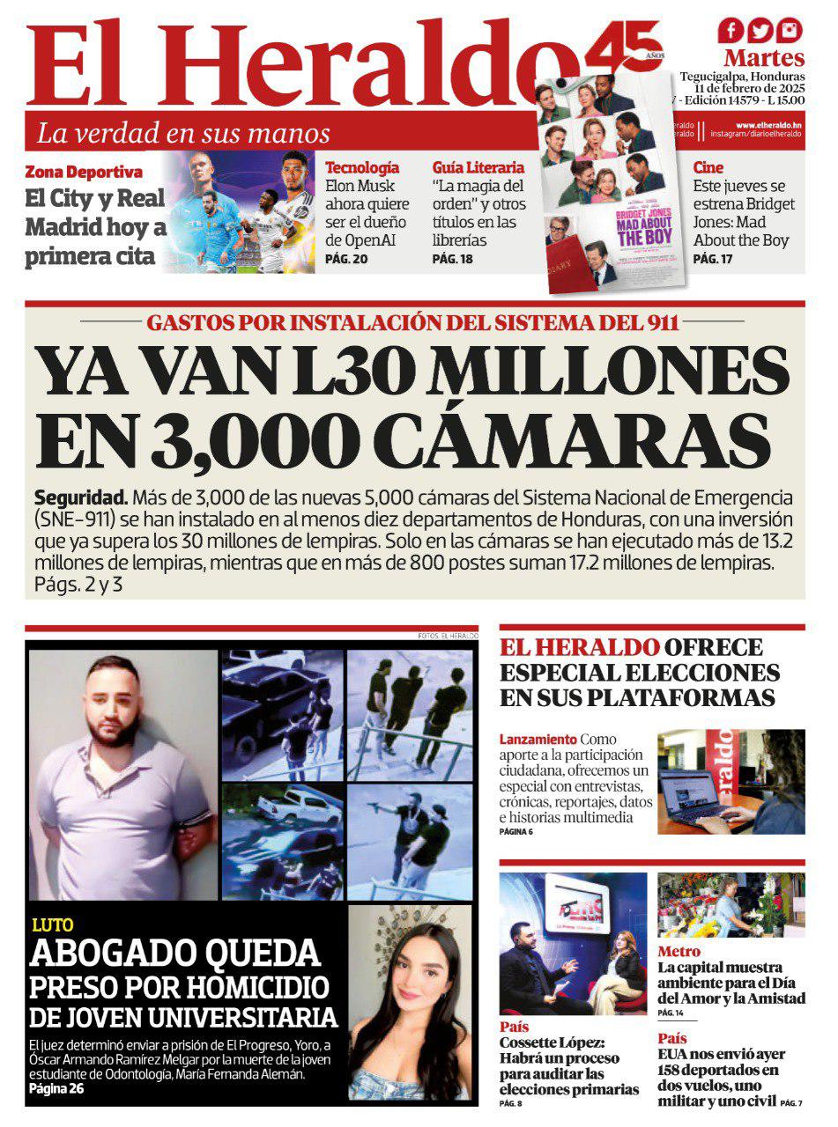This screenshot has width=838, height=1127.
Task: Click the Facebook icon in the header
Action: pos(731,31)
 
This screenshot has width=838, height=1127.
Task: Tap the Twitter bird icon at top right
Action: pos(760,31)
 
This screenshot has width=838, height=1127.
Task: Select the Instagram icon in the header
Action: pos(790,31)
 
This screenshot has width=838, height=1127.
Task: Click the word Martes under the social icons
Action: pos(764,59)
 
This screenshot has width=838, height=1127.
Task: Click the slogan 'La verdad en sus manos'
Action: pos(183,134)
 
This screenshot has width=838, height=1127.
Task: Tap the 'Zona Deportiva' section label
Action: pos(84,172)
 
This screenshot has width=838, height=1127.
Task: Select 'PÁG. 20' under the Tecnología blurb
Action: pos(346,260)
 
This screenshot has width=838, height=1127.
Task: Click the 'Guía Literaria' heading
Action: pos(478,167)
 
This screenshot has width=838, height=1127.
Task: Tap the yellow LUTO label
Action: pos(52,924)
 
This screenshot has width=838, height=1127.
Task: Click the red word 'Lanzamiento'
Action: pos(538,740)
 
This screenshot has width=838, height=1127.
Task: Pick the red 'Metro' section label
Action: pos(679,952)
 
